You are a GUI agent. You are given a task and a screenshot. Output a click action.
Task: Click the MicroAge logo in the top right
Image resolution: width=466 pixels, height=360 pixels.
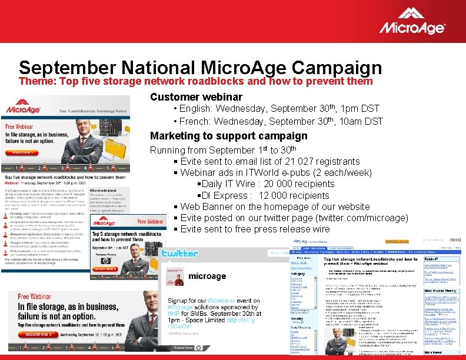tap(412, 21)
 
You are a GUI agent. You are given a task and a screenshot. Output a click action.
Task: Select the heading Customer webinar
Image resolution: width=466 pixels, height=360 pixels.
tap(196, 96)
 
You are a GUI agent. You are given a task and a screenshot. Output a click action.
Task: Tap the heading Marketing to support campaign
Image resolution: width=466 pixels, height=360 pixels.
tap(228, 136)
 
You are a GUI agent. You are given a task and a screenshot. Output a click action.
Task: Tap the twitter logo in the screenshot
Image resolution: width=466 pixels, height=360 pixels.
tap(179, 253)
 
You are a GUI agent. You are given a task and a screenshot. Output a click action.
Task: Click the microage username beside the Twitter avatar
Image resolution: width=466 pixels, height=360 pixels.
tap(207, 276)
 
